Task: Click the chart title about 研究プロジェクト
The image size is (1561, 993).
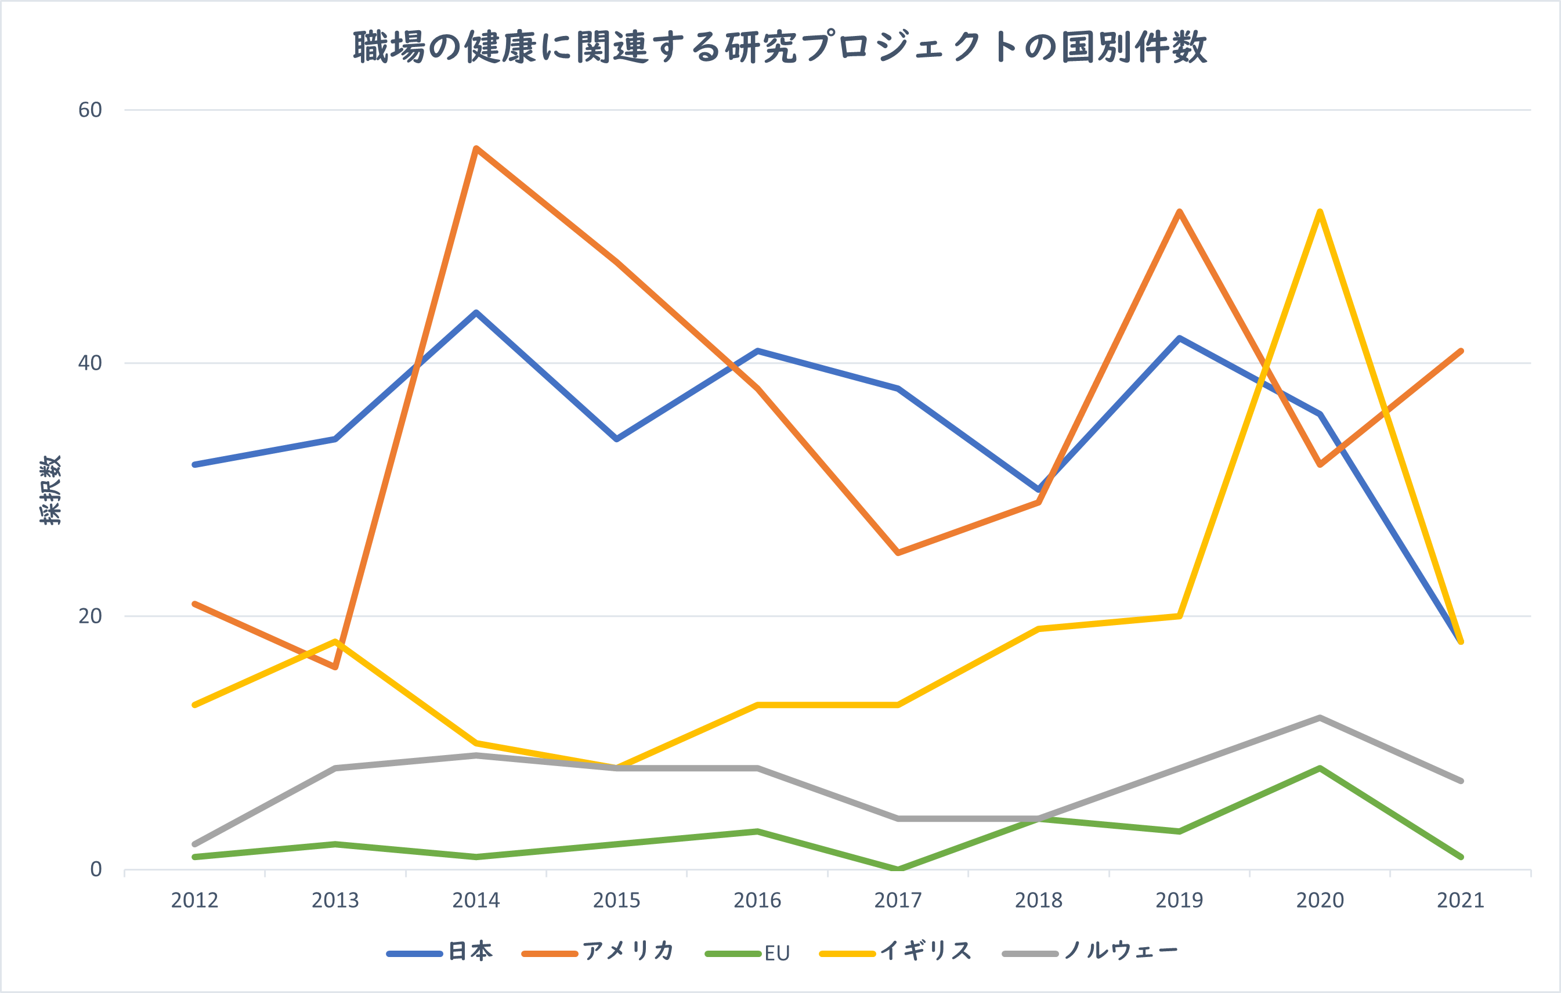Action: point(780,48)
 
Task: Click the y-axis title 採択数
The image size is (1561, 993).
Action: point(50,489)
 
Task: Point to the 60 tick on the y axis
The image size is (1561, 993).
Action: point(90,110)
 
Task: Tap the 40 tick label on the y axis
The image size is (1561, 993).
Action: point(90,363)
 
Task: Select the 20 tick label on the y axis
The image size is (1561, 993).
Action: point(90,616)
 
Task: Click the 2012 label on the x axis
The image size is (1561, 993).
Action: point(194,900)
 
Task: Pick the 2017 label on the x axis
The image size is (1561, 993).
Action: point(898,900)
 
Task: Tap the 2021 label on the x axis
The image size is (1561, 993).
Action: point(1461,900)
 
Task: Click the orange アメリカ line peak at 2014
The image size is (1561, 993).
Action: point(476,149)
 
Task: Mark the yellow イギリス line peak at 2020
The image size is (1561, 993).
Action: point(1320,212)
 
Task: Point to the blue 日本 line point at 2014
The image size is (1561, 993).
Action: point(476,312)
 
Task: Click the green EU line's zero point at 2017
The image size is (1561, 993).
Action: point(898,869)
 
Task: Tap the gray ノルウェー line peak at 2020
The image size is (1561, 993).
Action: point(1320,717)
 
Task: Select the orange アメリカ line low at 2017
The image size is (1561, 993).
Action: point(898,553)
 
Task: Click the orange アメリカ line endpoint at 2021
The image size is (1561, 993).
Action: point(1461,351)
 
